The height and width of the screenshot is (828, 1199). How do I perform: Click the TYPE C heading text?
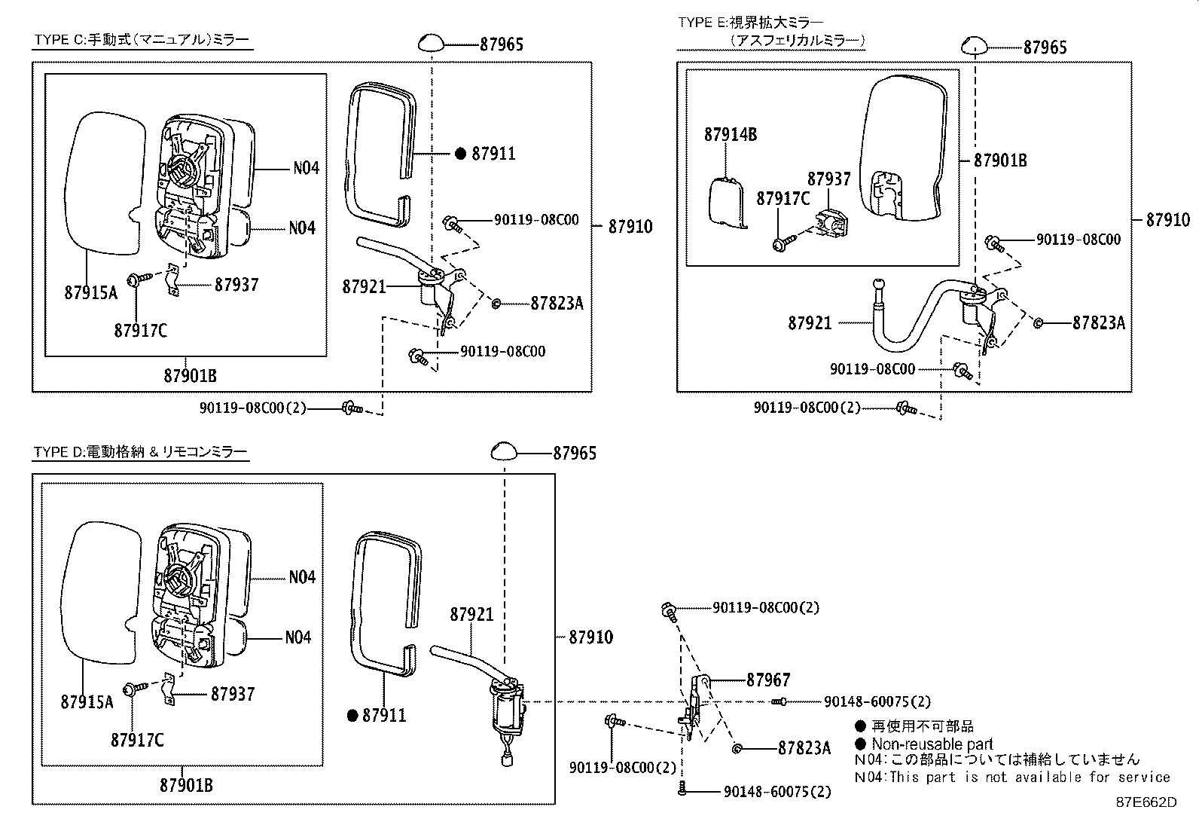[142, 40]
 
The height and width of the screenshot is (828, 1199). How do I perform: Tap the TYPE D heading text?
[140, 452]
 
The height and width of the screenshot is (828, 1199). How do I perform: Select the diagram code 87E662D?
[1146, 802]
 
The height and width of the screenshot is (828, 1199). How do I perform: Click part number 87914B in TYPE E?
[730, 135]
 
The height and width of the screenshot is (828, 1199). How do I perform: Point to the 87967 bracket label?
[768, 680]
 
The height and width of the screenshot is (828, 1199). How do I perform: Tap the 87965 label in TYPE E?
[1045, 47]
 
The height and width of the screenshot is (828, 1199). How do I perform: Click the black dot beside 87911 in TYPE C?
[460, 154]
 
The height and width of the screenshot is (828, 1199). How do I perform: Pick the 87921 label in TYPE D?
[471, 614]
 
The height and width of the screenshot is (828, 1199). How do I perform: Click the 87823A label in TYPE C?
[557, 303]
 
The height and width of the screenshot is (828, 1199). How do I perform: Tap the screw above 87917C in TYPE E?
[782, 243]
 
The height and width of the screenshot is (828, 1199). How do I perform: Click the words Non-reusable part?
[932, 744]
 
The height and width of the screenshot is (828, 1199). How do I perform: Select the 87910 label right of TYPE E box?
[1167, 220]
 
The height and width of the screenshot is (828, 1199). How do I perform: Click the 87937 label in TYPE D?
[232, 694]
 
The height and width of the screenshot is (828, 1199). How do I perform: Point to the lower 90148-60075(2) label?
[777, 792]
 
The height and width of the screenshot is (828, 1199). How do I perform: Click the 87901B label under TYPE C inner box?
[190, 375]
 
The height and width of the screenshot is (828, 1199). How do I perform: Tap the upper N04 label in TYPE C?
[305, 167]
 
